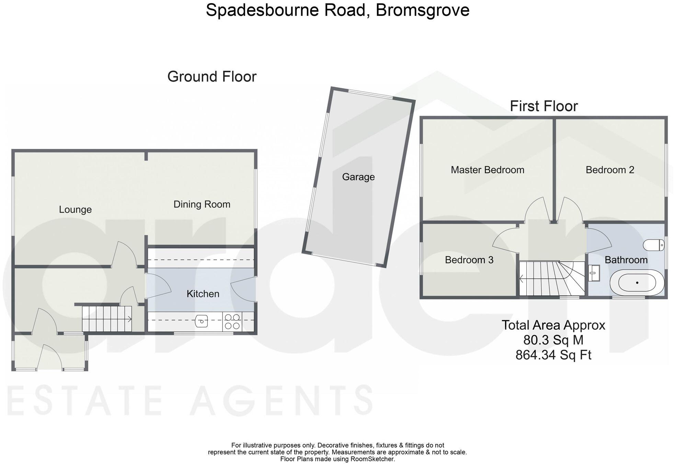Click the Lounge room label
[x=75, y=210]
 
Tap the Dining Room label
[x=202, y=205]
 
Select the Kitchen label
[x=203, y=294]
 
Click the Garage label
[x=358, y=177]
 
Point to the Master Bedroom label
[x=487, y=170]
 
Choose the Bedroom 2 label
[x=610, y=170]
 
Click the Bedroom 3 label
[x=469, y=260]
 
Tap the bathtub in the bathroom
[x=637, y=283]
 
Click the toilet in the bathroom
[x=653, y=245]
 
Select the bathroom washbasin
[x=594, y=273]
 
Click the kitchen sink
[x=202, y=322]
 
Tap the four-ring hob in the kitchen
[x=232, y=322]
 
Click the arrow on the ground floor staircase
[x=129, y=319]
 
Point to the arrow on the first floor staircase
[x=522, y=279]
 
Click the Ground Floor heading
[x=212, y=77]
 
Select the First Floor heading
[x=544, y=106]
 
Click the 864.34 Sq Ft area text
[x=553, y=355]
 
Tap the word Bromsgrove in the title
[x=422, y=10]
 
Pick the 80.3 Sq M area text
[x=553, y=340]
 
